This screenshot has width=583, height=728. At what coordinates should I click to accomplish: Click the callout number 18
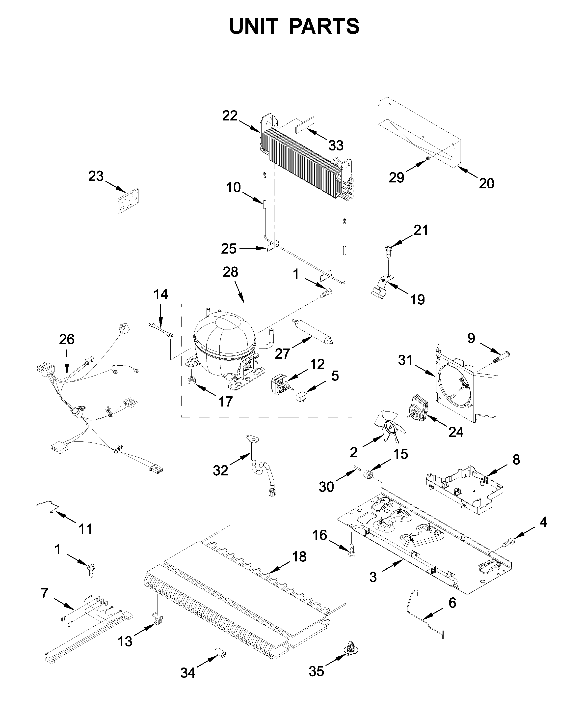point(299,556)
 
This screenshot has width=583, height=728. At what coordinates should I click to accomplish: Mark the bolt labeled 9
point(501,357)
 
